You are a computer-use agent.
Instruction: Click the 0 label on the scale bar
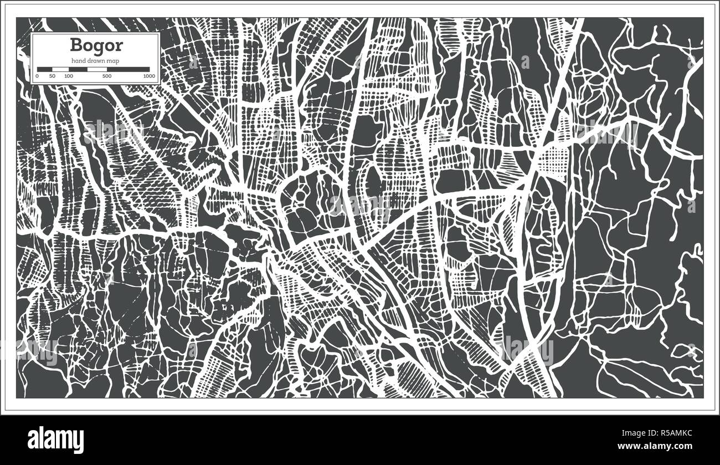tap(38, 75)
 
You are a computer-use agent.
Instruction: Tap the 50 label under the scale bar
tap(52, 75)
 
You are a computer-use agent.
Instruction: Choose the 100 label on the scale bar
tap(68, 75)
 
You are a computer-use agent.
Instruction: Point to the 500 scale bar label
tap(107, 75)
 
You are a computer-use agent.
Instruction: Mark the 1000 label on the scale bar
tap(148, 75)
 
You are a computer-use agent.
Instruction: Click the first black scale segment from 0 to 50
tap(45, 69)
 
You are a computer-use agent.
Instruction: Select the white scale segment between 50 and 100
tap(60, 69)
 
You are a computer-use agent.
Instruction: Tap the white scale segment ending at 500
tap(97, 69)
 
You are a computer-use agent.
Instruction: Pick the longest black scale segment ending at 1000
tap(130, 69)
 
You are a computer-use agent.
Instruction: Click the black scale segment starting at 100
tap(78, 69)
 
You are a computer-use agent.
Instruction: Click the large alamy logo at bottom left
tap(56, 439)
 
